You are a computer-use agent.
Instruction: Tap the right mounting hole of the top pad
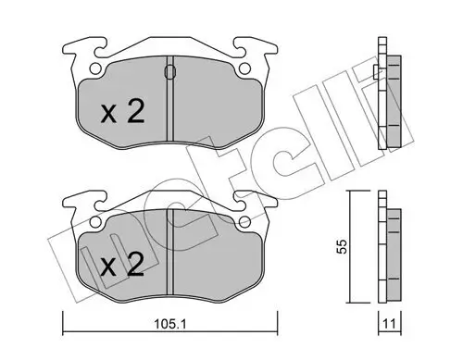coord(244,68)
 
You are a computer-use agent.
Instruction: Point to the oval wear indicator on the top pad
coord(168,71)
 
